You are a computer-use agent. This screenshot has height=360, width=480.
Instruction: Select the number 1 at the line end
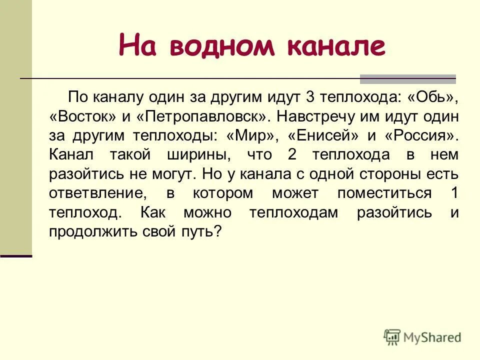click(453, 193)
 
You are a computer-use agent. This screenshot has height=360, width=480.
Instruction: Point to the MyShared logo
click(422, 337)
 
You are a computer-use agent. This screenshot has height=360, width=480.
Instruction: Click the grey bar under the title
click(408, 78)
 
